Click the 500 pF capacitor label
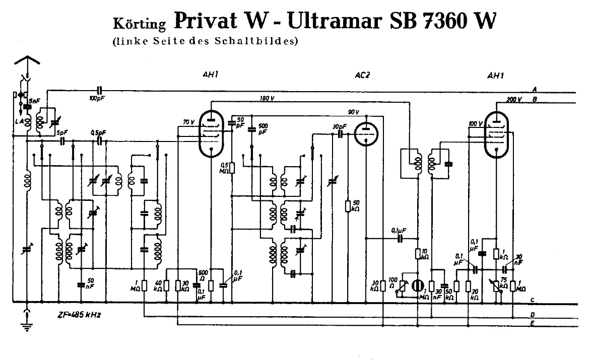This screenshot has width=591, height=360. click(263, 128)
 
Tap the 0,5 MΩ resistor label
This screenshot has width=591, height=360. click(226, 168)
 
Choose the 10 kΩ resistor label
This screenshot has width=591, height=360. click(425, 254)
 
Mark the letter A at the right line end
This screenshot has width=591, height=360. click(535, 89)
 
